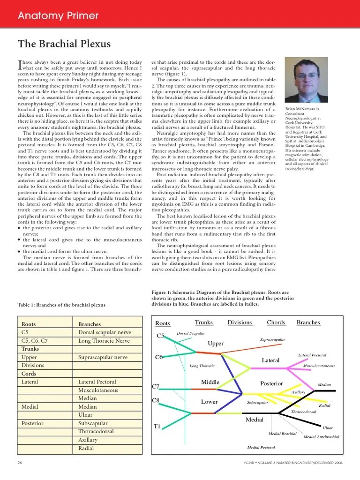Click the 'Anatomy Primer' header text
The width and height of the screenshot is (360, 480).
58,16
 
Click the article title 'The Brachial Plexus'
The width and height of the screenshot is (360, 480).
64,44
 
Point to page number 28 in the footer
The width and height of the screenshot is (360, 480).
20,463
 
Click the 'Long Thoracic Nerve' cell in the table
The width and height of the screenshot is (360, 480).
104,341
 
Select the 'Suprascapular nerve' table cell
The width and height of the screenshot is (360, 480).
103,357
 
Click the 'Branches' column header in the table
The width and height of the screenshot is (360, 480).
90,324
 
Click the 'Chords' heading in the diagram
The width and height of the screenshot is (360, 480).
276,322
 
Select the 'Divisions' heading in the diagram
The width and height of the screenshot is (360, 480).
240,322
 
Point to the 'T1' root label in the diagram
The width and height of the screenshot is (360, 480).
157,427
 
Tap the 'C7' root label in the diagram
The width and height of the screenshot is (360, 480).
156,387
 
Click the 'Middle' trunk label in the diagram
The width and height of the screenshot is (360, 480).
210,382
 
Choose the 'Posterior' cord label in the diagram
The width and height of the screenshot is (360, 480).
271,383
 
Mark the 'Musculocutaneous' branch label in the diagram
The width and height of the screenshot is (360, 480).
319,366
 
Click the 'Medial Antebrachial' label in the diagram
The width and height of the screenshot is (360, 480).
322,437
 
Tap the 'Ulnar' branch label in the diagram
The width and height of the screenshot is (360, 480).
328,427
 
